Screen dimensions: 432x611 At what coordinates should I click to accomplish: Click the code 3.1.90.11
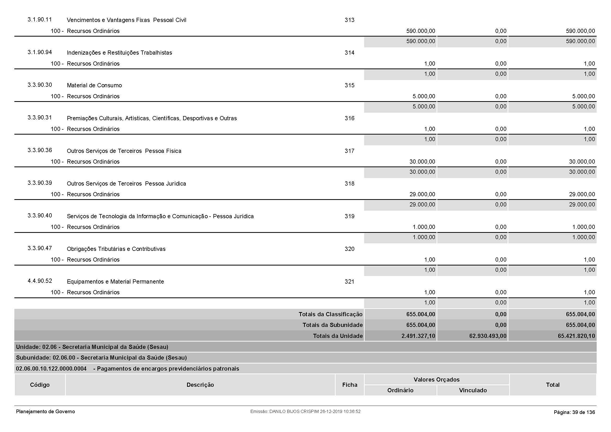pos(40,20)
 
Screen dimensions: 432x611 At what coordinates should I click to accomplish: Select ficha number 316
pos(350,118)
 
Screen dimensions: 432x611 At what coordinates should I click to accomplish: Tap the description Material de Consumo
pos(94,85)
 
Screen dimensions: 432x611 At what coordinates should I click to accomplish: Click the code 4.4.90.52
pos(40,281)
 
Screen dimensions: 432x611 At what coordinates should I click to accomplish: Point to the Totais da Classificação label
pos(330,314)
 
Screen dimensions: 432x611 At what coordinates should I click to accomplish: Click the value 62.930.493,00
pos(488,336)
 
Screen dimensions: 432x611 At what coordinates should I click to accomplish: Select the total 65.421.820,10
pos(576,336)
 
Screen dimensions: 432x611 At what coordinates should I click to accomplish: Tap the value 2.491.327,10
pos(418,336)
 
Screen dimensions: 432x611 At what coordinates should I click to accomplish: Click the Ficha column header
pos(350,385)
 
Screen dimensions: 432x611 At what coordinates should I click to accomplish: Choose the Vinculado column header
pos(473,390)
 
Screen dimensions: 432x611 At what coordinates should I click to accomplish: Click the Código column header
pos(40,385)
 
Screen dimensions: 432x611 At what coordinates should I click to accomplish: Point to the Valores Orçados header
pos(437,379)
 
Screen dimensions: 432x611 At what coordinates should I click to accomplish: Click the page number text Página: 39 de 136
pos(574,412)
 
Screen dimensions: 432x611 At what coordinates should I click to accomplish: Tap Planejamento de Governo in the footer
pos(45,412)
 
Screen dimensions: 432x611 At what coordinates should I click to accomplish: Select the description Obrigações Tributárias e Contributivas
pos(116,249)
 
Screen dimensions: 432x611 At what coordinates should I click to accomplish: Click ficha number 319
pos(350,216)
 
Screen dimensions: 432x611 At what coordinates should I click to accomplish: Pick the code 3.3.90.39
pos(40,183)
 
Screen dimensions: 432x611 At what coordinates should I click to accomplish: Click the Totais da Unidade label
pos(338,336)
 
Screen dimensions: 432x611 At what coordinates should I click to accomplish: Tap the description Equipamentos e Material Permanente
pos(115,282)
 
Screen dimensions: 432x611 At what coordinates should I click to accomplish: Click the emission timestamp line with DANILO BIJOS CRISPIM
pos(305,412)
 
